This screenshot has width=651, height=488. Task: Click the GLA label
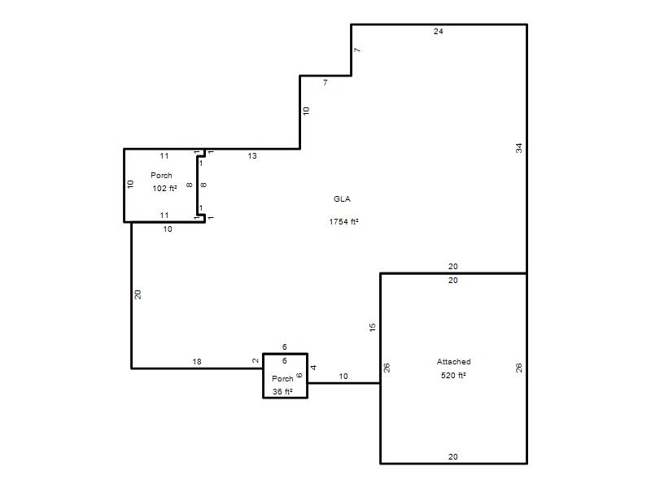tap(342, 198)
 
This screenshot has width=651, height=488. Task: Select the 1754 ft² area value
tap(343, 221)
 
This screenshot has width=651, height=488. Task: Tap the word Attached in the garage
tap(453, 361)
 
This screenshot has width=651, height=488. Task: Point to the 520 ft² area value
tap(453, 375)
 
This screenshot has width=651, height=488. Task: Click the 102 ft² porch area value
tap(165, 188)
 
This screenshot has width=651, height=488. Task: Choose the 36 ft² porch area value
tap(282, 391)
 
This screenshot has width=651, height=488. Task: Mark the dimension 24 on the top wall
tap(439, 31)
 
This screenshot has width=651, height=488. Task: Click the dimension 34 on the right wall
tap(519, 148)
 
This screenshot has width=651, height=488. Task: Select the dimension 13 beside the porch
tap(252, 155)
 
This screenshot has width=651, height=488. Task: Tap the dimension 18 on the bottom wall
tap(197, 361)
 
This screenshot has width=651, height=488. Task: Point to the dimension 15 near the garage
tap(373, 327)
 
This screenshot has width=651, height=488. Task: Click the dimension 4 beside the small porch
tap(314, 368)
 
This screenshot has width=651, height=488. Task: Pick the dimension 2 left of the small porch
tap(256, 360)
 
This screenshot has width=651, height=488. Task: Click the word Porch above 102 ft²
tap(161, 175)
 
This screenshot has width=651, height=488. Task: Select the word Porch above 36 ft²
tap(282, 378)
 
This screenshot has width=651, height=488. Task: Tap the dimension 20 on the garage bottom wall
tap(453, 456)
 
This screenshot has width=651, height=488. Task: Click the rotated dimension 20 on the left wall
tap(138, 294)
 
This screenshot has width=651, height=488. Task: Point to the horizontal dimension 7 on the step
tap(325, 83)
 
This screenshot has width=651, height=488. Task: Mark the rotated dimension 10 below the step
tap(306, 111)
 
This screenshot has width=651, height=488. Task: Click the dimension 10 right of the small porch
tap(343, 377)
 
